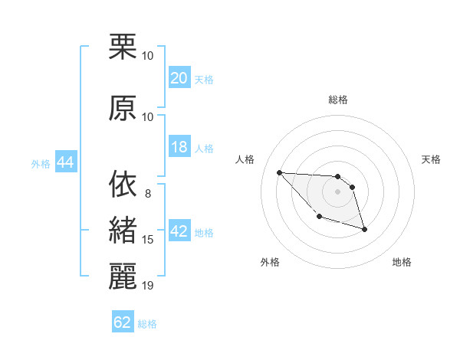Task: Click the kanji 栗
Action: tap(123, 47)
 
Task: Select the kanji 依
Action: tap(123, 185)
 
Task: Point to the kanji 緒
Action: tap(123, 231)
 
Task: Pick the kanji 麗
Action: tap(123, 278)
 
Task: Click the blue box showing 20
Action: tap(179, 78)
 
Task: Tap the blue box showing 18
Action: tap(179, 147)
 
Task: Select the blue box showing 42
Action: tap(179, 231)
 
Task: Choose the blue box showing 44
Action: tap(65, 162)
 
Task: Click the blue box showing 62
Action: tap(123, 322)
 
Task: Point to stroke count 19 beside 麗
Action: tap(148, 286)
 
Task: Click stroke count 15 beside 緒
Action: tap(148, 240)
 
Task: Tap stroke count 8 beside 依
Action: tap(147, 193)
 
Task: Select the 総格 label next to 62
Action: tap(147, 324)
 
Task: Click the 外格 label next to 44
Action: tap(41, 163)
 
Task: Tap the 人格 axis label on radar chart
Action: tap(245, 159)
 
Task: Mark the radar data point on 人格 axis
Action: tap(279, 172)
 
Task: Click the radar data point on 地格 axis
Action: tap(364, 229)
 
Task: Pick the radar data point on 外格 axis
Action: tap(319, 217)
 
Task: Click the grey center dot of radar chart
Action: tap(337, 191)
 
